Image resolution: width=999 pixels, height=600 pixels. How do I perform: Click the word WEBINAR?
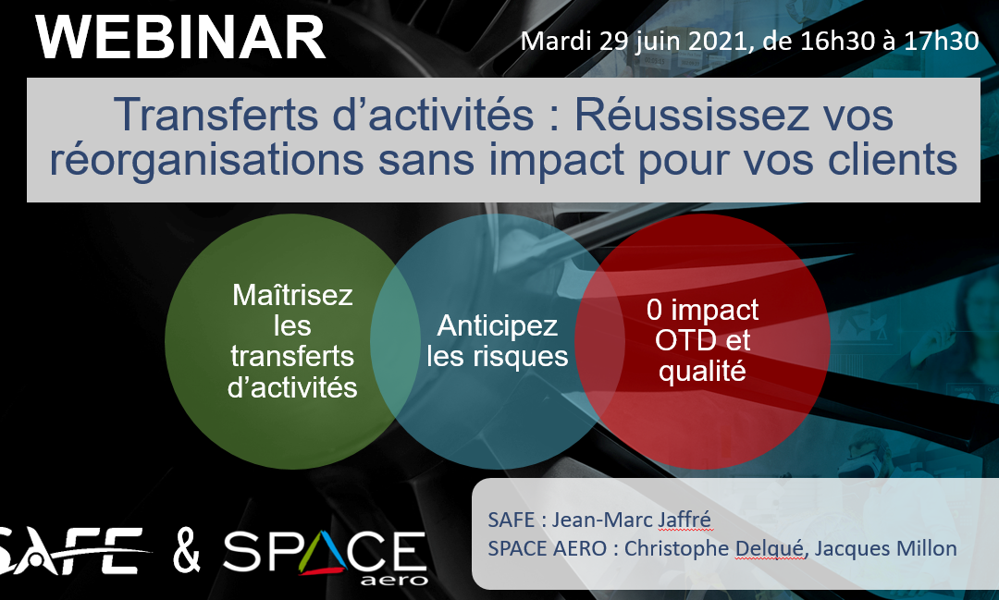[x=180, y=38]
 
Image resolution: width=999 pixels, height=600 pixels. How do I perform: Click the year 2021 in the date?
[x=718, y=42]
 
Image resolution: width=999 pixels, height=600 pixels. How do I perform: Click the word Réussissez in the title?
[x=681, y=115]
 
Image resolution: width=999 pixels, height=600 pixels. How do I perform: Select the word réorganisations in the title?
[x=207, y=159]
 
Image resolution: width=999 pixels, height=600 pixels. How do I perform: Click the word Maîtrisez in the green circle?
[x=292, y=295]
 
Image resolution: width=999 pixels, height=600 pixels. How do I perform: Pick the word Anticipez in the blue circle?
[x=498, y=325]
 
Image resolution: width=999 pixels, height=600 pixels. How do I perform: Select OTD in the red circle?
[x=681, y=341]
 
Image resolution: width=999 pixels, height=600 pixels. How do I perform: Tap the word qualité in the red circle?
[x=702, y=371]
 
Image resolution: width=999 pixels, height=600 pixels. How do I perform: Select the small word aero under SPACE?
[x=394, y=580]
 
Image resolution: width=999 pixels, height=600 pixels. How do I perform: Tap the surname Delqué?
[x=770, y=548]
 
